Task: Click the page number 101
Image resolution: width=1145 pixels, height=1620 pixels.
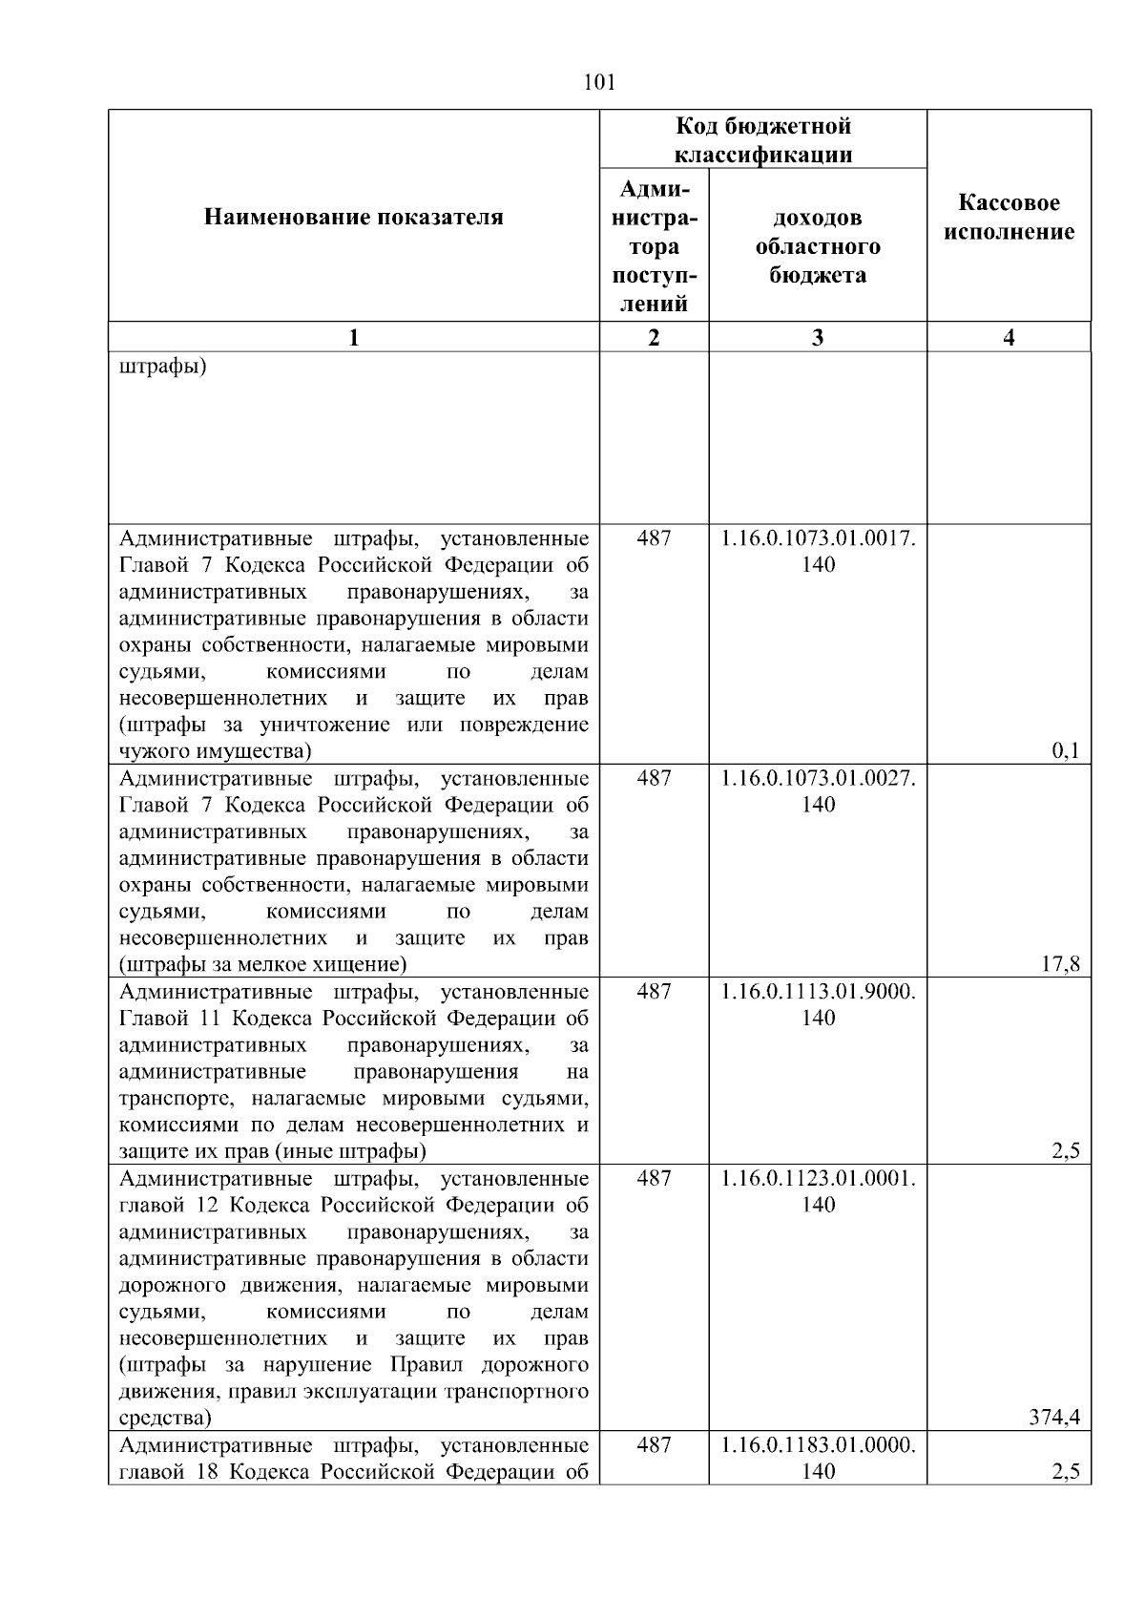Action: (598, 83)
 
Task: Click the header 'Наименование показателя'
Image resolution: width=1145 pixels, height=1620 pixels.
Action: (353, 218)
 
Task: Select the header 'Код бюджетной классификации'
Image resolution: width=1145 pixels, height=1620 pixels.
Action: (763, 140)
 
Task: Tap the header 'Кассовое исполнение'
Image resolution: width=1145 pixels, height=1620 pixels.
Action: (1009, 218)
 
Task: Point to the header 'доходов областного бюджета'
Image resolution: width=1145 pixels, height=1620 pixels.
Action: (818, 246)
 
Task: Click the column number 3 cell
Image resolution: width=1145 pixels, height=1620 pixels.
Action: (818, 337)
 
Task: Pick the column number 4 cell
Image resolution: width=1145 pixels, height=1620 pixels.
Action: (1009, 337)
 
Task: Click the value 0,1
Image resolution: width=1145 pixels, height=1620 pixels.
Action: (1065, 751)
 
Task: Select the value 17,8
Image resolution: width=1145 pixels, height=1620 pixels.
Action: (1059, 964)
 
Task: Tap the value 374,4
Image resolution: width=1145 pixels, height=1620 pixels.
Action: (1053, 1418)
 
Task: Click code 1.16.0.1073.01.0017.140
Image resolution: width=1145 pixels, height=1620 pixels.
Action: (818, 551)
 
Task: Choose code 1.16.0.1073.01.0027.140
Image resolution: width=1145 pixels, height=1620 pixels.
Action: (818, 790)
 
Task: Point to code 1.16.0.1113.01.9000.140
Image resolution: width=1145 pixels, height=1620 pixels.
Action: (818, 1004)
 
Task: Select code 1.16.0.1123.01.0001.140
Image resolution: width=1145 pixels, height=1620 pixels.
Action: (818, 1190)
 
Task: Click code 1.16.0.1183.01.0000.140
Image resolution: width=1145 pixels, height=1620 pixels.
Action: (818, 1458)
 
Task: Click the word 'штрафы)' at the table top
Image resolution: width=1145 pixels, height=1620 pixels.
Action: (162, 367)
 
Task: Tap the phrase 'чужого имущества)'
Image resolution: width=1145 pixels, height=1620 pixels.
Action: (215, 751)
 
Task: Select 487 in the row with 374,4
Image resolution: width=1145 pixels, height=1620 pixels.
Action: (654, 1178)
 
